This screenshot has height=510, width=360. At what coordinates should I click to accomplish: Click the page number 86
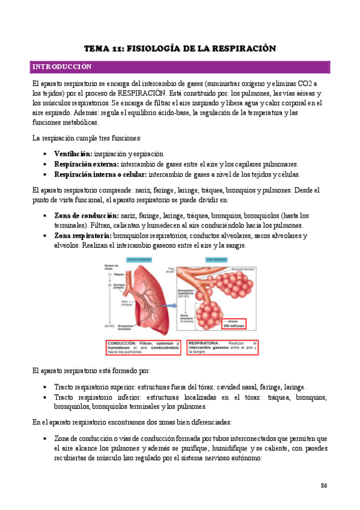tap(323, 485)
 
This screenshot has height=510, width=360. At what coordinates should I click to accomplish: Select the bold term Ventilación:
tap(73, 153)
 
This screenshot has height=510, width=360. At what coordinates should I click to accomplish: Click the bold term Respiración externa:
tap(86, 164)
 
